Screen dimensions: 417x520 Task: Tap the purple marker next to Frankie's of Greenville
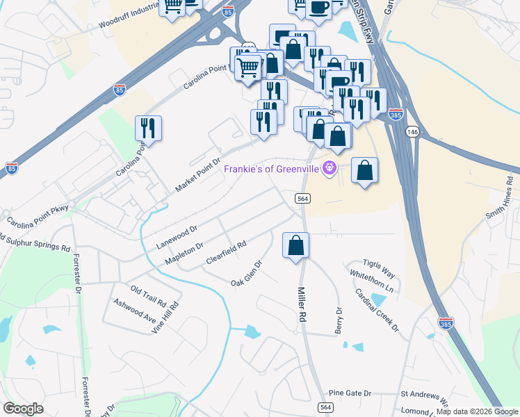330,168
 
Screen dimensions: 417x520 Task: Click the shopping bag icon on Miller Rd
295,245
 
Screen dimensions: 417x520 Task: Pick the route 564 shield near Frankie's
302,198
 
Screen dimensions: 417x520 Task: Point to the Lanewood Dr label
177,236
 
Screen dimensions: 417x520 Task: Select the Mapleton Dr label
184,253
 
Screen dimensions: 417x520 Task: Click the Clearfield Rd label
227,254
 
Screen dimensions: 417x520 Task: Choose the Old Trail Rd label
148,296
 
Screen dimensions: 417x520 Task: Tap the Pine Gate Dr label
350,393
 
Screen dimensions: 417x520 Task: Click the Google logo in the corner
23,409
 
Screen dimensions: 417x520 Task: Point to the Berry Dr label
339,320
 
